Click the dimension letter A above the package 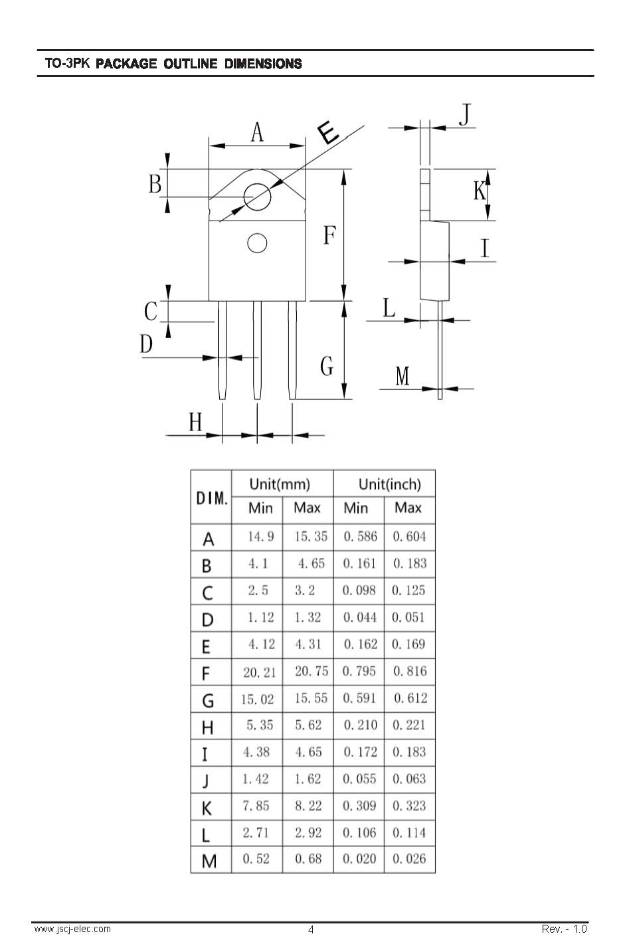coord(257,132)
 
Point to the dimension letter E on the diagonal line coord(328,132)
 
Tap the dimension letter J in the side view coord(465,114)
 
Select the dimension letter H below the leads coord(195,422)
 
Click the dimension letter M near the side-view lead coord(402,376)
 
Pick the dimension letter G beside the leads coord(327,366)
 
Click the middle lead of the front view coord(257,350)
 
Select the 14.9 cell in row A coord(260,537)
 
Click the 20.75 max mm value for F coord(311,671)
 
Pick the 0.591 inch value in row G coord(359,698)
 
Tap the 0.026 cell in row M coord(409,859)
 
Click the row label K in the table coord(207,808)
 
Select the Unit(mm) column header coord(280,484)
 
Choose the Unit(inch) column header coord(390,484)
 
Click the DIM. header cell coord(212,498)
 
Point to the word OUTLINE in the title coord(191,64)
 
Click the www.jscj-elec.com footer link coord(72,929)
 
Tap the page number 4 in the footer coord(311,930)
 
